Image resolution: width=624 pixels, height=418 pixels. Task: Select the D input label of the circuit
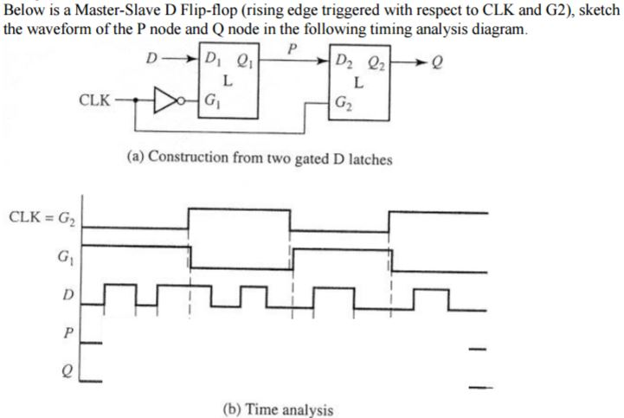pyautogui.click(x=151, y=60)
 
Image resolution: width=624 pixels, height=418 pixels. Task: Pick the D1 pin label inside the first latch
pyautogui.click(x=211, y=61)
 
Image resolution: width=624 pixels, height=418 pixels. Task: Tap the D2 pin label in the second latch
pyautogui.click(x=342, y=62)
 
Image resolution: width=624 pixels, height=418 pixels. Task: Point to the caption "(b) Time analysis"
pyautogui.click(x=282, y=408)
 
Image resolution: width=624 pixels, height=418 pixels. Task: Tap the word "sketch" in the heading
pyautogui.click(x=597, y=11)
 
